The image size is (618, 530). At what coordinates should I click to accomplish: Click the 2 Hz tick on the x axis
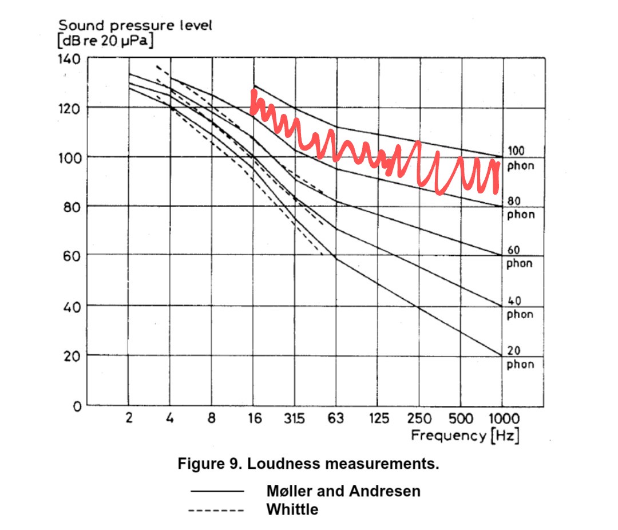(x=129, y=418)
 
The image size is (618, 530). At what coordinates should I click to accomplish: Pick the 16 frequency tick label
(x=254, y=418)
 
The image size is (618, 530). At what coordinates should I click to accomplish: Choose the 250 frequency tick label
(x=419, y=418)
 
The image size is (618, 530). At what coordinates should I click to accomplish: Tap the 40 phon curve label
(x=519, y=308)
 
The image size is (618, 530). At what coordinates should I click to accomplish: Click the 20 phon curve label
(x=519, y=358)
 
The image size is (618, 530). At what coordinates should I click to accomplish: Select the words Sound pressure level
(x=135, y=26)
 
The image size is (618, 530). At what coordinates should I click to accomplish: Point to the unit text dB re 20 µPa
(x=106, y=41)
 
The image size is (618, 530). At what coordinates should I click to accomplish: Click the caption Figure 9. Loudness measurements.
(x=308, y=464)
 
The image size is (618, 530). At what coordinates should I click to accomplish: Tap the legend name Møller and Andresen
(x=343, y=491)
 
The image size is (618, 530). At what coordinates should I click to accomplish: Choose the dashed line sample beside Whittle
(x=216, y=510)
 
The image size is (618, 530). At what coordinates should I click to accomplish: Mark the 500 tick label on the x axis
(x=461, y=418)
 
